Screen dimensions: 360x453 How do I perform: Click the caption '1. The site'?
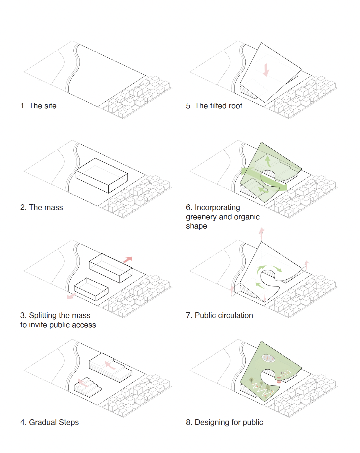pyautogui.click(x=38, y=106)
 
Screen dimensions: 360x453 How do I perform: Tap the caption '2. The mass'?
pyautogui.click(x=42, y=207)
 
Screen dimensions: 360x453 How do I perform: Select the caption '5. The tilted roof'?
pyautogui.click(x=214, y=106)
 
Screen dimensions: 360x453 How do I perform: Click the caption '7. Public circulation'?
pyautogui.click(x=219, y=315)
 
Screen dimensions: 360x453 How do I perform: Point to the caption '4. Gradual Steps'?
pyautogui.click(x=50, y=422)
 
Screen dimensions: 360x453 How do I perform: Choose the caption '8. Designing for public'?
pyautogui.click(x=224, y=422)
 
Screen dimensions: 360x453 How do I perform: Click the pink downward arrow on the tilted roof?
pyautogui.click(x=266, y=70)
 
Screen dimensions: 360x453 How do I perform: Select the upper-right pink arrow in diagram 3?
pyautogui.click(x=128, y=259)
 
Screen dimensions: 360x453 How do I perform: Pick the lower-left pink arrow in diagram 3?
pyautogui.click(x=71, y=296)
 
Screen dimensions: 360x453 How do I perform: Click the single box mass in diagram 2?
pyautogui.click(x=102, y=176)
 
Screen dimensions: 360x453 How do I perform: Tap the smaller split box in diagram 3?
pyautogui.click(x=91, y=289)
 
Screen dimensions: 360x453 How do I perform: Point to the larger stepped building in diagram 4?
pyautogui.click(x=110, y=367)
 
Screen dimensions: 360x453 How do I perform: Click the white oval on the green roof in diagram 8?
pyautogui.click(x=268, y=358)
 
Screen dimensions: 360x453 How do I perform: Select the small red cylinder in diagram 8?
pyautogui.click(x=279, y=380)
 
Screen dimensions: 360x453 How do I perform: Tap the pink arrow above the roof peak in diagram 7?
pyautogui.click(x=261, y=234)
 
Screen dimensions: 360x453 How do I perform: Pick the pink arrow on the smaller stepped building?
pyautogui.click(x=83, y=382)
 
